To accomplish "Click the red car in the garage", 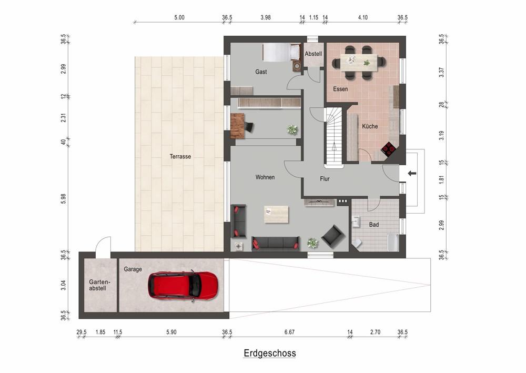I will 183,285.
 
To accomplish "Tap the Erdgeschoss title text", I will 269,354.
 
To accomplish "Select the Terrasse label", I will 180,156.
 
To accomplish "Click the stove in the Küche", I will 389,149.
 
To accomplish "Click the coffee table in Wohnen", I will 276,214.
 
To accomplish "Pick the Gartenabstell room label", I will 98,285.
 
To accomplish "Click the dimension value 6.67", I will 289,332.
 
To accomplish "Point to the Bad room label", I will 373,225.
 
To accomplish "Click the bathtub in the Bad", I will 392,243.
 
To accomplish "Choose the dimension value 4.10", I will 362,17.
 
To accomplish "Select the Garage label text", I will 133,269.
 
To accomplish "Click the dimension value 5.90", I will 172,332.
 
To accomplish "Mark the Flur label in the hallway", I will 325,179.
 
